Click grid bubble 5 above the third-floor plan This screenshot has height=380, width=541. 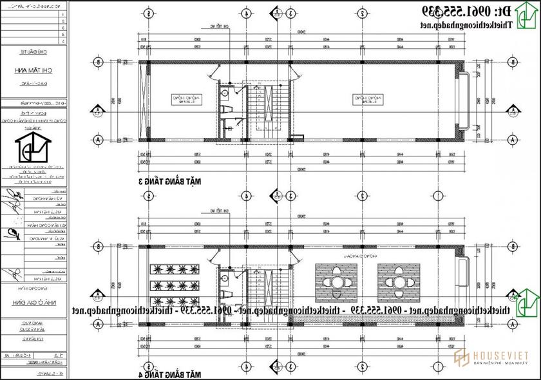coord(149,13)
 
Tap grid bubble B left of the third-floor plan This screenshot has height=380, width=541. coord(98,62)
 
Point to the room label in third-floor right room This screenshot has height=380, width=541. coord(363,99)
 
